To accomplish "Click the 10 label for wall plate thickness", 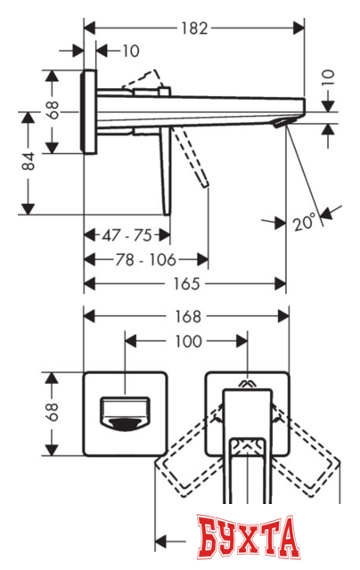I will [131, 52].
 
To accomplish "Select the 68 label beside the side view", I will [53, 110].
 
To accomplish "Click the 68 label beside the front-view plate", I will [53, 411].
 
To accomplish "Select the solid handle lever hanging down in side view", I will [166, 174].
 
